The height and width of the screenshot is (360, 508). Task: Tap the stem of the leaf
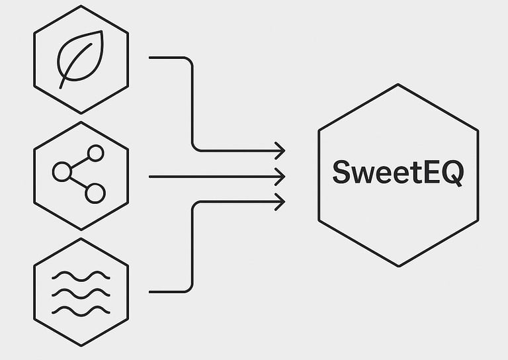63,81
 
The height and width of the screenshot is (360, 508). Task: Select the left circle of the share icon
62,172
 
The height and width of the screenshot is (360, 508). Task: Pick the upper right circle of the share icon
96,154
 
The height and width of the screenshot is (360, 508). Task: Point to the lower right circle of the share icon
95,193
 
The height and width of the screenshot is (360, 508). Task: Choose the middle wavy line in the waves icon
81,292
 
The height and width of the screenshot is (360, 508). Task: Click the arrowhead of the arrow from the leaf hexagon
280,151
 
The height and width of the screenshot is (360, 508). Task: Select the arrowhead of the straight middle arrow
280,177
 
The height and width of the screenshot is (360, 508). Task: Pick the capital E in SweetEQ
430,173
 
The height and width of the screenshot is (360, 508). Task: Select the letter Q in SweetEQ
452,173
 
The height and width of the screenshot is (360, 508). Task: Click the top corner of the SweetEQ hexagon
398,84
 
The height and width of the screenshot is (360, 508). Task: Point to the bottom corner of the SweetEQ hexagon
398,267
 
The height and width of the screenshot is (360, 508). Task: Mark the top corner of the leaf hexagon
81,6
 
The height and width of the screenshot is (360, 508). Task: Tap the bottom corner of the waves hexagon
81,345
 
